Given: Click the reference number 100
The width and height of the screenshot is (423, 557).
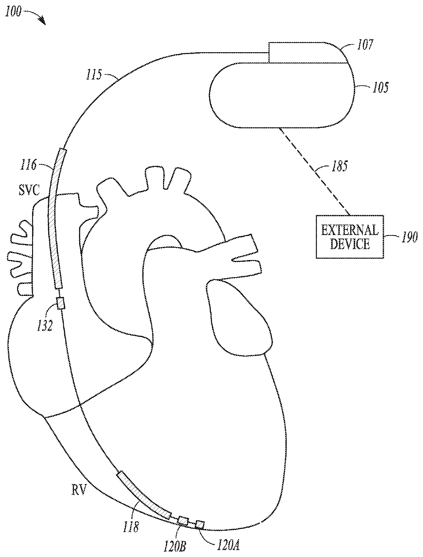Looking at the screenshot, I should pos(13,12).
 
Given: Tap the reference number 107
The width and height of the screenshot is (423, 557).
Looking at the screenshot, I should pos(365,45).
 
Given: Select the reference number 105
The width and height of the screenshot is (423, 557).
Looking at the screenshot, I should pos(379,88).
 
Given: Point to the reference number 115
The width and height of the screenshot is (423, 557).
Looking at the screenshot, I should pos(94,75).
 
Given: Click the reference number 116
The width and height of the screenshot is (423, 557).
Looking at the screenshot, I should pos(28,165).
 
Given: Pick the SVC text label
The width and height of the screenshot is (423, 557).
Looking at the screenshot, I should pos(29,189).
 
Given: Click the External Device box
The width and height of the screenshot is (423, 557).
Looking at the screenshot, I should pos(349,237).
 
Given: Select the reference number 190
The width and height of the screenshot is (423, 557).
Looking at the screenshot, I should pos(409,237).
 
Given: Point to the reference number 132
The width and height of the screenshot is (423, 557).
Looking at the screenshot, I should pos(45,326).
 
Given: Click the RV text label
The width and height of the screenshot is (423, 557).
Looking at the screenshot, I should pos(78,491).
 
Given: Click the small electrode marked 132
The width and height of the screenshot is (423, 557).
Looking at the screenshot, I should pos(60,303).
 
